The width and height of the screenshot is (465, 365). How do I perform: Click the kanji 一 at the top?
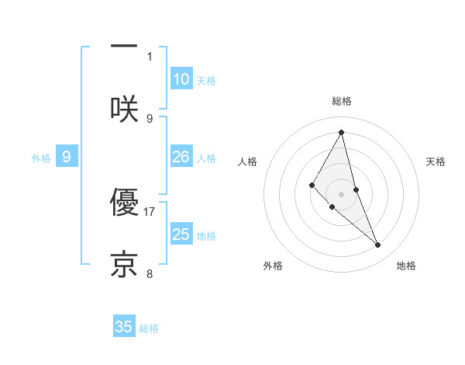[124, 46]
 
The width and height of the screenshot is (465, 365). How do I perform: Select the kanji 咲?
[124, 109]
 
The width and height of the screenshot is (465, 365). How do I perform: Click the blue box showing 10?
[181, 79]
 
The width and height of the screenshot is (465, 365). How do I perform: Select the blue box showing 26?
[181, 157]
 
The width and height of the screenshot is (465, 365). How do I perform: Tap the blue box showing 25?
[181, 235]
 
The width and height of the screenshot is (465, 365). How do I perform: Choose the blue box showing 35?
[124, 327]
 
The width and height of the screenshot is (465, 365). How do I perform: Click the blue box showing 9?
[67, 157]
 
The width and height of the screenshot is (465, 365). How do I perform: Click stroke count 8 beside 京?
[150, 273]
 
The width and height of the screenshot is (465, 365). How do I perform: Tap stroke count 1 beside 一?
[150, 56]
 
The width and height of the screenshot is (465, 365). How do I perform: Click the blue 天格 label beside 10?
[206, 81]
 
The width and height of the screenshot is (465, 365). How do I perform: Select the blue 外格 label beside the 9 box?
[41, 158]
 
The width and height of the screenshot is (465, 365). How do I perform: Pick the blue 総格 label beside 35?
[149, 328]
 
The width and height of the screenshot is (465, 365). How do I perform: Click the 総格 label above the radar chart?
[341, 101]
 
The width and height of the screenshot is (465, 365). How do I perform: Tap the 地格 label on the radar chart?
[406, 266]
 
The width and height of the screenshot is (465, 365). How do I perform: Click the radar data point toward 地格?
[378, 245]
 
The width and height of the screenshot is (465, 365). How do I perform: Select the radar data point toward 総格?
[341, 131]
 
